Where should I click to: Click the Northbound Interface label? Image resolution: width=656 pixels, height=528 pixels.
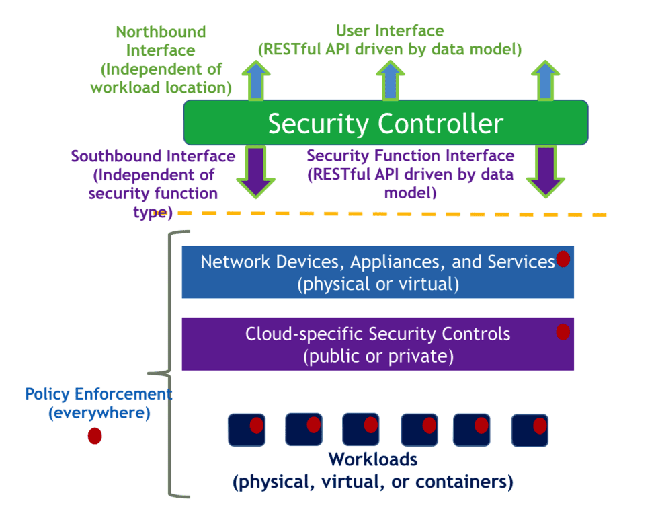point(161,32)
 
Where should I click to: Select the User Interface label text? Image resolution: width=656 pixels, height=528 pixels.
point(390,31)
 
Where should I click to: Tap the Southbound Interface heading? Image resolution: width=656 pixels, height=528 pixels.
point(153,157)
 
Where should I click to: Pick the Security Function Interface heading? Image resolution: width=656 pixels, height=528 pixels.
point(411,156)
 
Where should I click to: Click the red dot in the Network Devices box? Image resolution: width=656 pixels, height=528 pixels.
point(563,259)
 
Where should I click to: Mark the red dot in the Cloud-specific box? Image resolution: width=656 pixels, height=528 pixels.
point(563,332)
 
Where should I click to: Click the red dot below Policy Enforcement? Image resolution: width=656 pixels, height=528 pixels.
point(95,436)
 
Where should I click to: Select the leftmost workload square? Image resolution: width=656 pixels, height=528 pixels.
point(246,429)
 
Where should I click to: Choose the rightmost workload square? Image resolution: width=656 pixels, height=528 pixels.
point(530,430)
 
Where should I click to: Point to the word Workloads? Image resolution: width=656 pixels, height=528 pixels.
point(373,460)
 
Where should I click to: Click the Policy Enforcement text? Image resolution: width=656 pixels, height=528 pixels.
point(99,394)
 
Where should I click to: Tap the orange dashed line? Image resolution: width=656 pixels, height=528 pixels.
point(403,214)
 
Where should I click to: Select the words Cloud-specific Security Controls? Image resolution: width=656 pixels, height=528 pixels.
point(378,334)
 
